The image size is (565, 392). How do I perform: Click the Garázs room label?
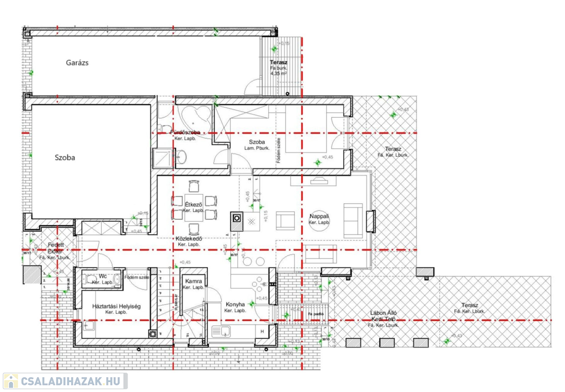[x=77, y=62]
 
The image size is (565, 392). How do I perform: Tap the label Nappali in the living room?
[x=319, y=216]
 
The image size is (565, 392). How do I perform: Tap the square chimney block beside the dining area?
[x=236, y=218]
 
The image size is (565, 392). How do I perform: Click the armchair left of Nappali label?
[x=285, y=220]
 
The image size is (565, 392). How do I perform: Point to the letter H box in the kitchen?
[x=262, y=331]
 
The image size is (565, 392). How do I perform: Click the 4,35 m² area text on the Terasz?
[x=278, y=73]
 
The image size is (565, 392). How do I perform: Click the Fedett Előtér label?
[x=55, y=248]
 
